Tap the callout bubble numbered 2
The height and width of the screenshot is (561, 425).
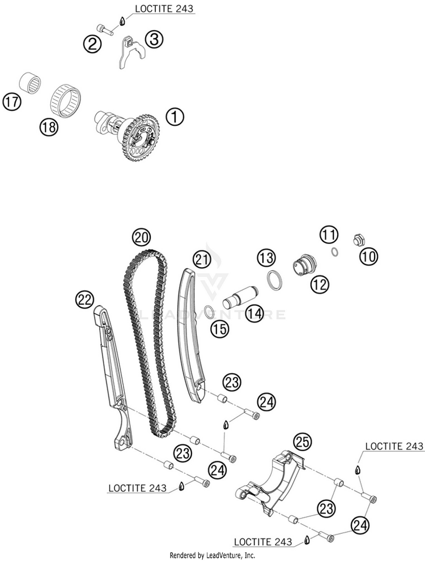pos(92,44)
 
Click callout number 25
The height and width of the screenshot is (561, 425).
pos(303,442)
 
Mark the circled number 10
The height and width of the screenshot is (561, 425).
pos(369,256)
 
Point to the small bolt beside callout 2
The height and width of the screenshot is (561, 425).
pos(105,30)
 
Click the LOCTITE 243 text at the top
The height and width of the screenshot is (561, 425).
pos(164,8)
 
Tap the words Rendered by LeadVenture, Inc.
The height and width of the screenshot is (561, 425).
pos(212,556)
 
